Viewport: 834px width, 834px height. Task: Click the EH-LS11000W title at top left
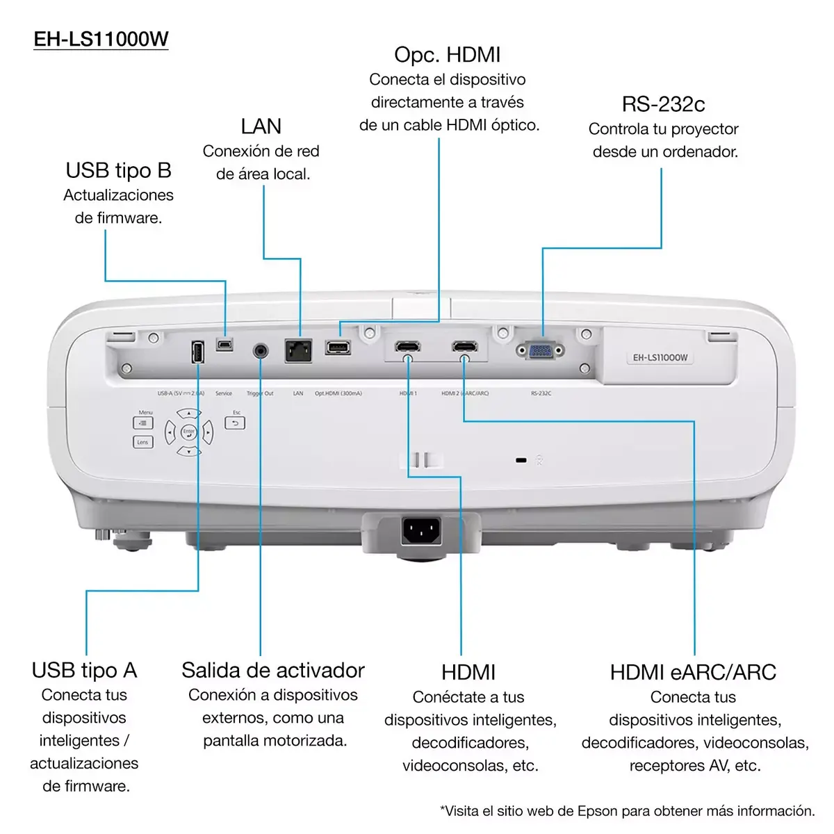[x=101, y=39]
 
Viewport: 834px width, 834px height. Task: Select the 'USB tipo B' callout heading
[x=118, y=170]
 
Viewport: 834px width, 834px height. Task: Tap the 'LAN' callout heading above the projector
[x=261, y=126]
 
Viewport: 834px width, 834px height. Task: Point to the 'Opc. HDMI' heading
[x=447, y=55]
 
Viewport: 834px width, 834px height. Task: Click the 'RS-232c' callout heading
[x=663, y=104]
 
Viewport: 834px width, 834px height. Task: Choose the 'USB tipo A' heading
[x=84, y=670]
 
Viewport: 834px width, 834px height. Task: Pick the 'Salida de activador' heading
[x=272, y=670]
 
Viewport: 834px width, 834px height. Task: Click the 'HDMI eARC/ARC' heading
[x=693, y=672]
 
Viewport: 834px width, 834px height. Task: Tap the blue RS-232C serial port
[x=540, y=350]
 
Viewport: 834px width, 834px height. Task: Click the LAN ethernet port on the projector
[x=298, y=350]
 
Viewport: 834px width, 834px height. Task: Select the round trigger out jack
[x=261, y=350]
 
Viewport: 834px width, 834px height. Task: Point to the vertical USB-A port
[x=197, y=352]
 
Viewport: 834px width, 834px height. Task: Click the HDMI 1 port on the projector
[x=407, y=347]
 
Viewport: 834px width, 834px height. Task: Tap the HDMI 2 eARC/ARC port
[x=464, y=347]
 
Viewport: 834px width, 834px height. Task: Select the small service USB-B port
[x=224, y=344]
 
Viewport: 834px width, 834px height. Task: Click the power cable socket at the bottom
[x=420, y=532]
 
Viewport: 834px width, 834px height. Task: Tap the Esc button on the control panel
[x=235, y=423]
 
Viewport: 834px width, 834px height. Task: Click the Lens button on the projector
[x=142, y=442]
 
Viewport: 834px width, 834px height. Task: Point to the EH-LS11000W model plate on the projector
[x=660, y=358]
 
